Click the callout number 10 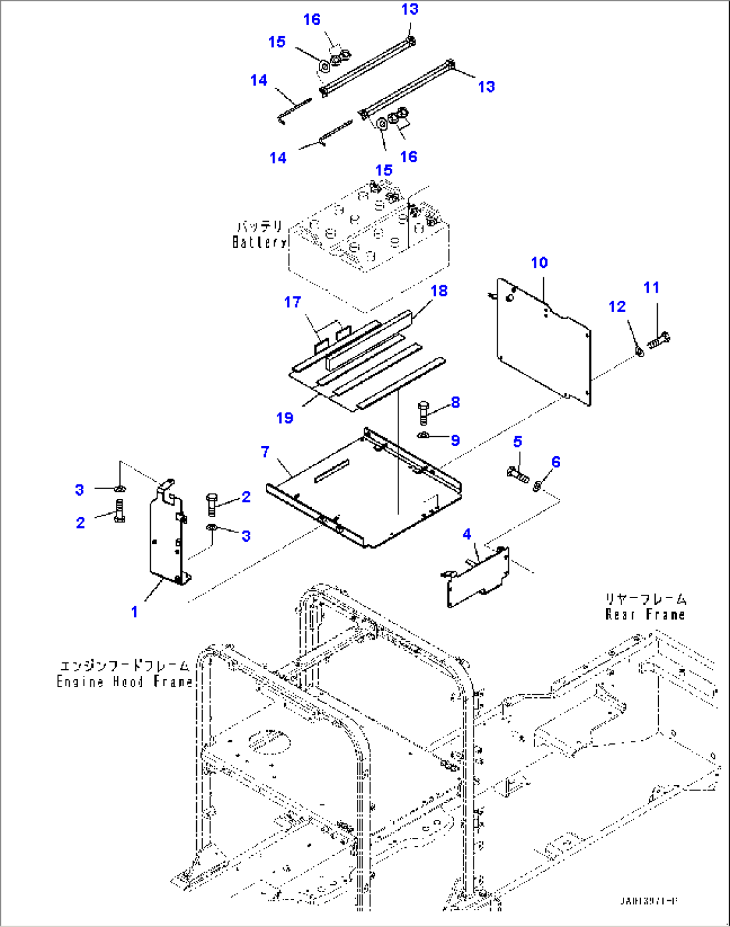click(539, 263)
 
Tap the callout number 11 click(651, 287)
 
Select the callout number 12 click(617, 306)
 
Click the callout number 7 click(265, 452)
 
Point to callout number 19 click(285, 418)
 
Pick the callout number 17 click(293, 302)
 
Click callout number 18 click(439, 291)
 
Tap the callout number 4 click(467, 534)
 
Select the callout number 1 click(134, 612)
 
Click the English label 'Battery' click(259, 242)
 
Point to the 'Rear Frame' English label click(645, 614)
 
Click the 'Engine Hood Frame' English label click(124, 682)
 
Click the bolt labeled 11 click(659, 340)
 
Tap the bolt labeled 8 click(423, 411)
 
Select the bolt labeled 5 click(517, 474)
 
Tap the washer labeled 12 click(640, 350)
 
